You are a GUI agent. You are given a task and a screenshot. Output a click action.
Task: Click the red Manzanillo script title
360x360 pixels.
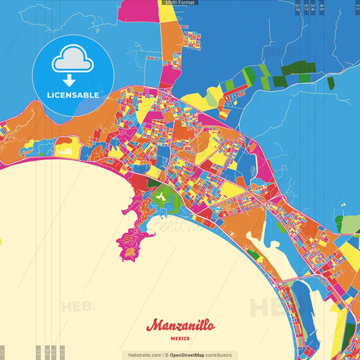pos(180,325)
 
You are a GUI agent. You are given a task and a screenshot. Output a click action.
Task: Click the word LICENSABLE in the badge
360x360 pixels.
pos(73,95)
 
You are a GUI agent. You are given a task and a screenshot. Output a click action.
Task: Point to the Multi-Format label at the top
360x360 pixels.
pos(178,3)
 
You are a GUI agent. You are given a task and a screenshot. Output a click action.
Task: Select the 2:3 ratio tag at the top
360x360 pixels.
pos(297,7)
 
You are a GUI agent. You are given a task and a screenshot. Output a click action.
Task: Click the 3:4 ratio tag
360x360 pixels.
pos(313,7)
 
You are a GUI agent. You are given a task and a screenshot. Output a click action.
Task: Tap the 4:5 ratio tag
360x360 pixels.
pos(322,7)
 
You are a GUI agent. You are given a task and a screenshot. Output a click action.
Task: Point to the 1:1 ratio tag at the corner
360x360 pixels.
pos(357,6)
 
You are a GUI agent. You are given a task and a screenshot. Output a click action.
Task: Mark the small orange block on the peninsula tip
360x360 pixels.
pos(128,253)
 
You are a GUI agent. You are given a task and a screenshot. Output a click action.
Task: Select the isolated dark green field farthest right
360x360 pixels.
pos(331,83)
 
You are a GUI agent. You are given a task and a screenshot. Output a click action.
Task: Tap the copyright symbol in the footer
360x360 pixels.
pos(166,355)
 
